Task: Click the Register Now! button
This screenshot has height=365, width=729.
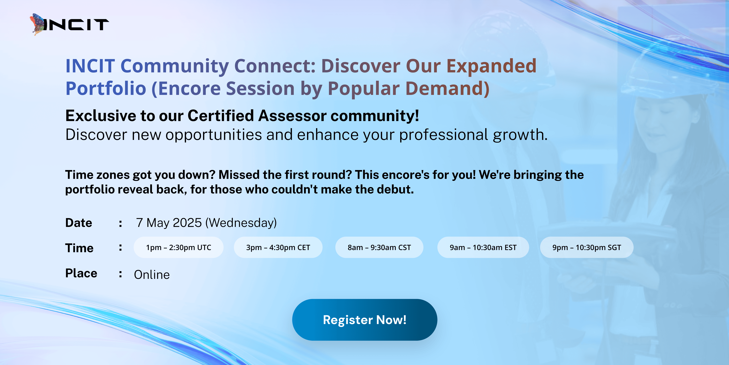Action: click(x=364, y=320)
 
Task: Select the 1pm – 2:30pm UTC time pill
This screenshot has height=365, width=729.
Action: click(x=179, y=247)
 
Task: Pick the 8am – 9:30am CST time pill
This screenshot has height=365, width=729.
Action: click(x=379, y=247)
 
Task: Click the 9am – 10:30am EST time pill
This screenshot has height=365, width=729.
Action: click(x=483, y=247)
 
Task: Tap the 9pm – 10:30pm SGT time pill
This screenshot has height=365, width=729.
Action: click(x=587, y=247)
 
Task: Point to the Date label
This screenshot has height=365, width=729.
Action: click(x=79, y=223)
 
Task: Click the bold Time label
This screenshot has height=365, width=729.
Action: click(x=79, y=248)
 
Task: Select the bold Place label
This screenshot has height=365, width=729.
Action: click(x=81, y=273)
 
